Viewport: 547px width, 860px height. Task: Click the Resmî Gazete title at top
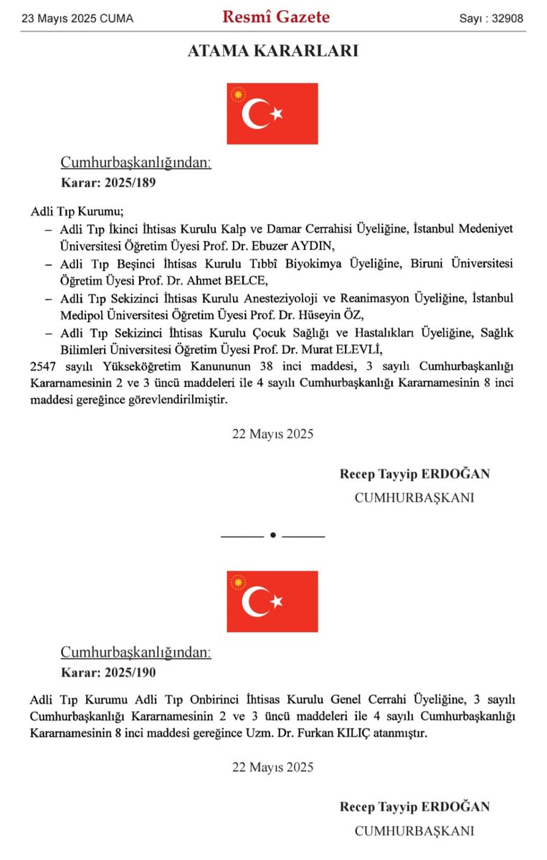click(x=275, y=17)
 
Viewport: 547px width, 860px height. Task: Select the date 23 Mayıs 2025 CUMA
click(x=77, y=19)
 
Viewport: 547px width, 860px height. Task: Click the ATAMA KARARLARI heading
click(x=272, y=51)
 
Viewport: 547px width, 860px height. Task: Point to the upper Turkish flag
click(x=272, y=113)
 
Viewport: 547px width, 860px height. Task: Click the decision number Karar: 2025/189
click(x=108, y=182)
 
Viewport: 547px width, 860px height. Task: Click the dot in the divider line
click(x=272, y=535)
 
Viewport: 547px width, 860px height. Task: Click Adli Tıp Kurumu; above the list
click(x=77, y=211)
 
